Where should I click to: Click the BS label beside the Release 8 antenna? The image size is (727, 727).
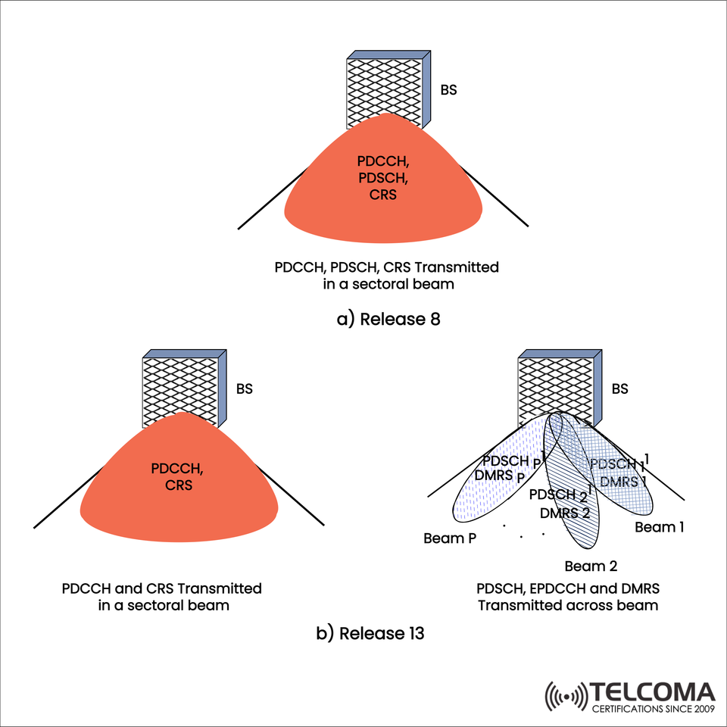point(448,91)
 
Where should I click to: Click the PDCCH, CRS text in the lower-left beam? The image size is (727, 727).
point(178,477)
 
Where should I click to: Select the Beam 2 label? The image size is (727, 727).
point(591,566)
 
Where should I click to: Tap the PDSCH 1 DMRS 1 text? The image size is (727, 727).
point(618,471)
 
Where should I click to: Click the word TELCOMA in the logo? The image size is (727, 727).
point(654,692)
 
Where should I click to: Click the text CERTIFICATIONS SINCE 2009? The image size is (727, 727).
point(654,709)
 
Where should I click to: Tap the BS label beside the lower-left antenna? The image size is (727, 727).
point(244,390)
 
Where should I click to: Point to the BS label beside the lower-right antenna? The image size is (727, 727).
point(619,390)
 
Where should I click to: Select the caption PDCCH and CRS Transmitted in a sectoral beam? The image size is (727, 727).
point(162,597)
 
